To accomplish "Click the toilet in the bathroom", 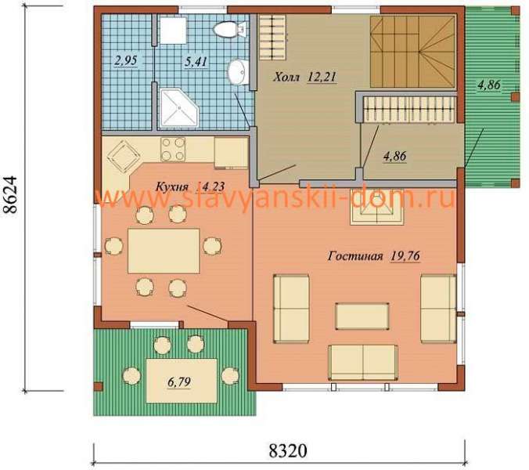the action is pos(229,29).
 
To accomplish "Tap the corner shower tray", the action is pos(178,107).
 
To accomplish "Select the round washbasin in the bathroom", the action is pos(238,72).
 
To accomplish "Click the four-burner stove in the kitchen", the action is pos(173,149).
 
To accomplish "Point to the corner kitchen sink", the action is pos(123,156).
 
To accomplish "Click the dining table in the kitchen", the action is pos(164,251).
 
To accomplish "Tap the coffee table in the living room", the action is pos(362,316).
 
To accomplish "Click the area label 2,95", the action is pos(125,61).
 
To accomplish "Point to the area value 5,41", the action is pos(196,62).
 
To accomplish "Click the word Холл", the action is pos(286,78).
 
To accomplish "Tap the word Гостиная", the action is pos(355,256).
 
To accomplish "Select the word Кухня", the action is pos(171,186).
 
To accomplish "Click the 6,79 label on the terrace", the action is pos(178,382).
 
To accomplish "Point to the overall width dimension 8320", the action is pos(288,450).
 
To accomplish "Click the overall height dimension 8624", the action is pos(10,194).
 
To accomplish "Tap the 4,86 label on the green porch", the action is pos(488,85).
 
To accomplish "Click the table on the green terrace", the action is pos(182,381).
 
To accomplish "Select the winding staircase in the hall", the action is pos(412,52).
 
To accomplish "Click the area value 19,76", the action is pos(405,256).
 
